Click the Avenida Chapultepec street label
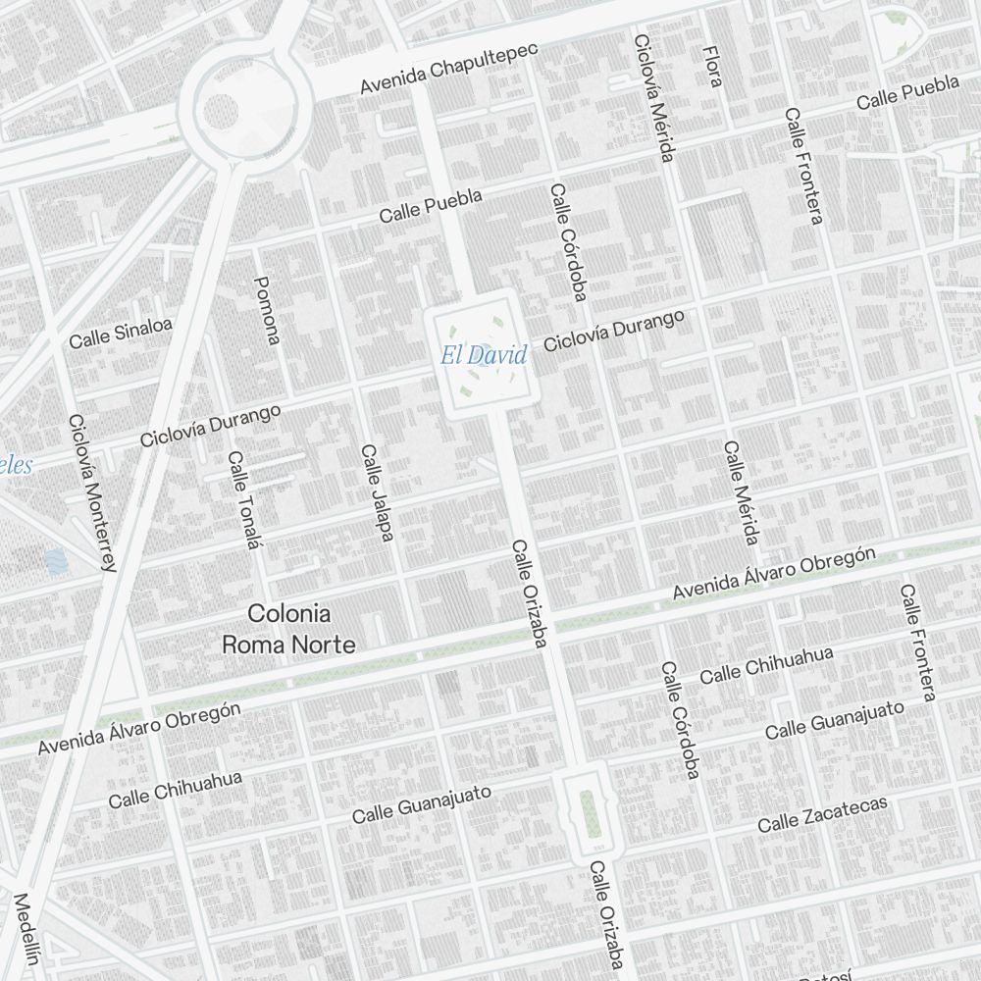coord(449,69)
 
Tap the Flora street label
coord(713,65)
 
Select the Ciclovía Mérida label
coord(655,98)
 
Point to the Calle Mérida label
coord(742,492)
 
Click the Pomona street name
coord(267,310)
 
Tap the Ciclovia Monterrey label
coord(92,492)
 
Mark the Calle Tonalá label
coord(243,499)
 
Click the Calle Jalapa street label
coord(377,492)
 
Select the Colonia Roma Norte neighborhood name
coord(288,629)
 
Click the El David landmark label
coord(484,355)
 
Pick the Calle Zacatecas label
coord(822,813)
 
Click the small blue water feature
coord(55,561)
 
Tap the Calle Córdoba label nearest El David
coord(568,241)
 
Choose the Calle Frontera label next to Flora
coord(802,165)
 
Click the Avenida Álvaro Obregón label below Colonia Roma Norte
coord(139,728)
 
